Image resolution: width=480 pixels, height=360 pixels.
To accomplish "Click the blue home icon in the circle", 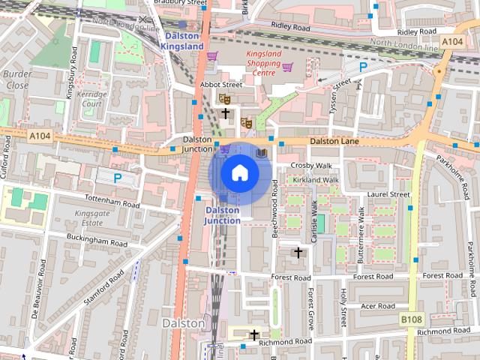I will point(239,173).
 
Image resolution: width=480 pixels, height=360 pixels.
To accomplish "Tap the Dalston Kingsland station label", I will point(181,40).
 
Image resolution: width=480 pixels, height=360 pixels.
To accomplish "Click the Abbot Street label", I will point(221,85).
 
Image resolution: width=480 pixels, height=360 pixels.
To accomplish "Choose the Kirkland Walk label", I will point(316,180).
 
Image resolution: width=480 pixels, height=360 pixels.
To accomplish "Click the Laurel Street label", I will point(388,194).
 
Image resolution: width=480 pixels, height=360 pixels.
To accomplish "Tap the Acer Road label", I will point(377,306).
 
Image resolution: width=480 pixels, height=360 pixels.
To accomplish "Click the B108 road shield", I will point(411,319).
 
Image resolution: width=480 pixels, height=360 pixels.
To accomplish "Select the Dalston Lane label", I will point(334,141).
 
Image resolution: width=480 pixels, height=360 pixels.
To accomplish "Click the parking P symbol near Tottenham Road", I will point(117,178).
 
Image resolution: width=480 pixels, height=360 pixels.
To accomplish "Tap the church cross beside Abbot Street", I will point(225,113).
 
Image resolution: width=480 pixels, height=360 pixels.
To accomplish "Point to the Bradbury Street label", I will point(180,3).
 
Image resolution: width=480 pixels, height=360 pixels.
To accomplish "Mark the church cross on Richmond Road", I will point(254,334).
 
